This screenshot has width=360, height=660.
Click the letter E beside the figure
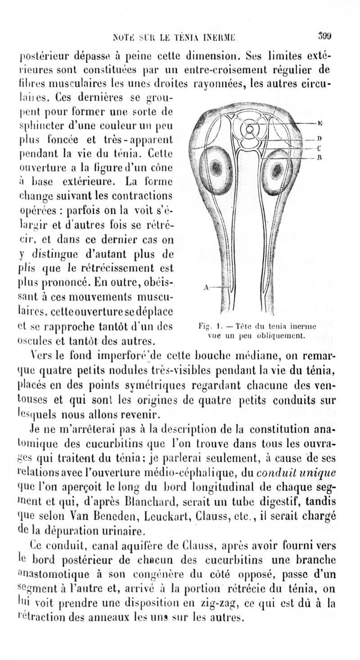click(319, 122)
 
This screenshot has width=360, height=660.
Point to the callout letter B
click(319, 158)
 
